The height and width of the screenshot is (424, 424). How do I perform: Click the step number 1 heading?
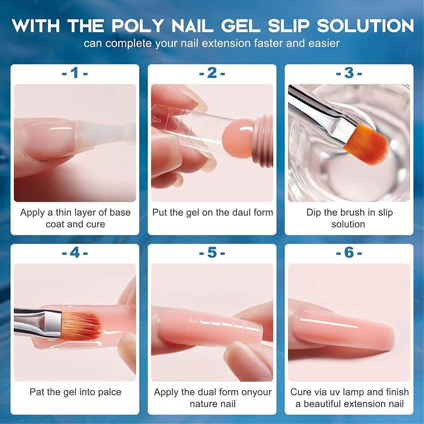click(75, 73)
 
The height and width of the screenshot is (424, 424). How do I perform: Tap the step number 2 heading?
click(212, 73)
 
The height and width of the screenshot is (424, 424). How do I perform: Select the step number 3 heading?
click(349, 73)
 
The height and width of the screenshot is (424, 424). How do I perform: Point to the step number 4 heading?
click(75, 253)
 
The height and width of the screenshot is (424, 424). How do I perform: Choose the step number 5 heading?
click(212, 253)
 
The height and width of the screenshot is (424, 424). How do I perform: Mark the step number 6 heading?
click(349, 253)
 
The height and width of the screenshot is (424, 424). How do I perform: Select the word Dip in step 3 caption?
click(314, 213)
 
